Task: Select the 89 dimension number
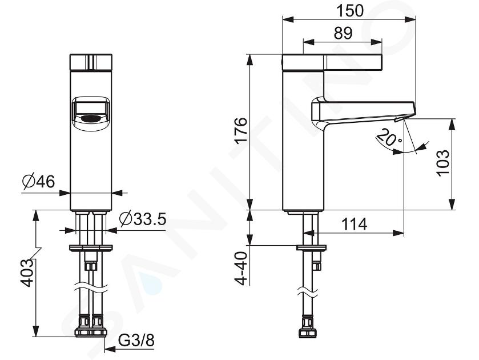coord(343,33)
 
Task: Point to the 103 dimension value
coord(443,163)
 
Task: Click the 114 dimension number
coord(354,224)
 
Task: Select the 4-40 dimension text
coord(241,268)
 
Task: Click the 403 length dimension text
coord(27,273)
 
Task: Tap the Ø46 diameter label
coord(39,182)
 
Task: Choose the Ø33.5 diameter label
coord(143,219)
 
